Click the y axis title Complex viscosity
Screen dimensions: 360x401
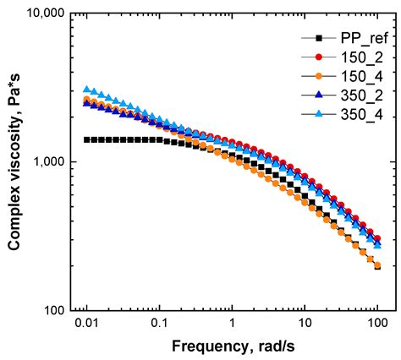(14, 162)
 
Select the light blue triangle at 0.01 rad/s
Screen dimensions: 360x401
(85, 89)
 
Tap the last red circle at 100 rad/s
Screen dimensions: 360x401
(376, 238)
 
